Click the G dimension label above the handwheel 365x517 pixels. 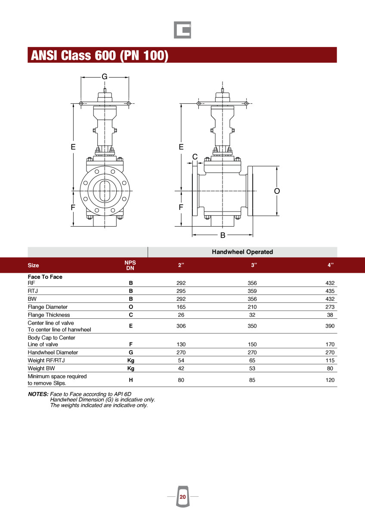click(105, 76)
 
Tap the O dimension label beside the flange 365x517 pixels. click(277, 191)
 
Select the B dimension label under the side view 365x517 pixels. click(223, 235)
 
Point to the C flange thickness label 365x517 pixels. click(195, 157)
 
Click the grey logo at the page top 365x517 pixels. click(182, 30)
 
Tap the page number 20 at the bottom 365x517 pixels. click(182, 497)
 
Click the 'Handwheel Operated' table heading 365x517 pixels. click(242, 252)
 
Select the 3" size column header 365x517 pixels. click(254, 265)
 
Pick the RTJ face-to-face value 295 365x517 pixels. click(181, 291)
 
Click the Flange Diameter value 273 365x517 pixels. click(330, 307)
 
